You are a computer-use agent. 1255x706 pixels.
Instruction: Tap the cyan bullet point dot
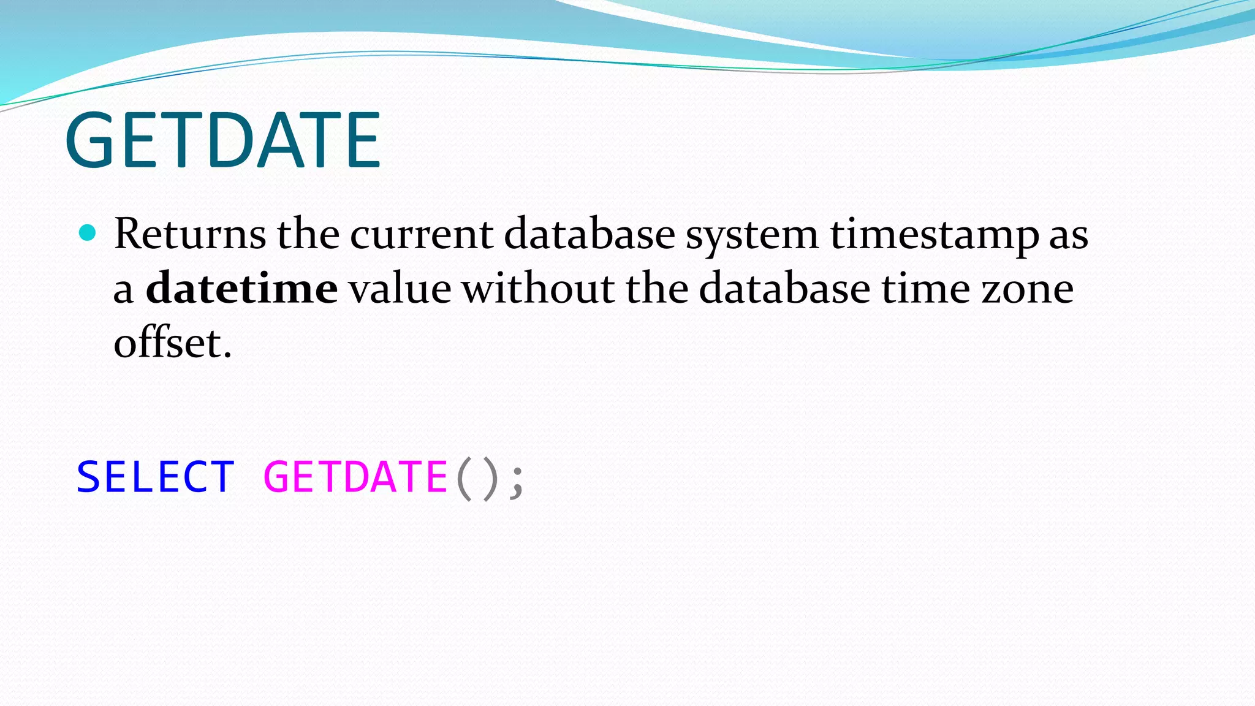coord(88,233)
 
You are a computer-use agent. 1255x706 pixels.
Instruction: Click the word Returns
coord(190,234)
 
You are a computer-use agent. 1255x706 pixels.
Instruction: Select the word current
coord(422,234)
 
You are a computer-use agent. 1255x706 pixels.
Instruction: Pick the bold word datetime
coord(241,288)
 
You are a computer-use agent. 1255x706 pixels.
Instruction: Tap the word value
coord(400,288)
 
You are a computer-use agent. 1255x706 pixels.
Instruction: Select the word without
coord(538,288)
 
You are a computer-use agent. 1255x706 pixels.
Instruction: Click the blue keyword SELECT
coord(156,477)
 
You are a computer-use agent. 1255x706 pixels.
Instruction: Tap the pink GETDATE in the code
coord(355,477)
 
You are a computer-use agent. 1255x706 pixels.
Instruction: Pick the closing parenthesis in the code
coord(489,478)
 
